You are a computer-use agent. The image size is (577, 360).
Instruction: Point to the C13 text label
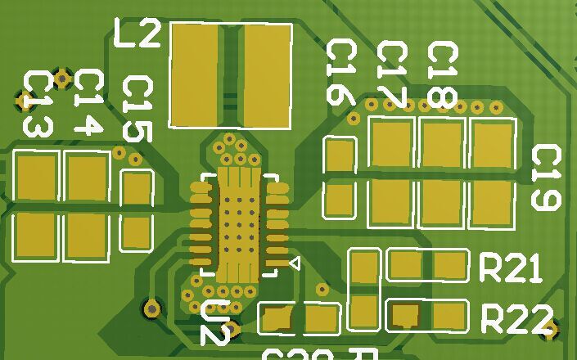click(x=37, y=104)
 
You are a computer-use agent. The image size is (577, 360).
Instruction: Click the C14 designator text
click(x=88, y=102)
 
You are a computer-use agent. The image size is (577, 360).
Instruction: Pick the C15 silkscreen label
click(x=137, y=109)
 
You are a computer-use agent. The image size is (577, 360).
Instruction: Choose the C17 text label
click(x=391, y=75)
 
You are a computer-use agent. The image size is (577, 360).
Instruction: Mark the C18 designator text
click(x=442, y=75)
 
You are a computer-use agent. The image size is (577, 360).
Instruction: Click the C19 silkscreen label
click(x=546, y=178)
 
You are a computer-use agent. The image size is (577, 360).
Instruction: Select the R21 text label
click(x=510, y=268)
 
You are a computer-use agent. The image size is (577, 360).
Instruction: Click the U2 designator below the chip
click(x=214, y=322)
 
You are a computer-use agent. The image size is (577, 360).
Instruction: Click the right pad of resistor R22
click(x=449, y=315)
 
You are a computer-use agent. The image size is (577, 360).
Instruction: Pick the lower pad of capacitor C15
click(x=136, y=232)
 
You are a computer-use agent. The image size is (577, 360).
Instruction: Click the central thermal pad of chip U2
click(x=237, y=223)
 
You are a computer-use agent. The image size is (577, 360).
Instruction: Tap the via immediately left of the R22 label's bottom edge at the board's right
click(x=550, y=330)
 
